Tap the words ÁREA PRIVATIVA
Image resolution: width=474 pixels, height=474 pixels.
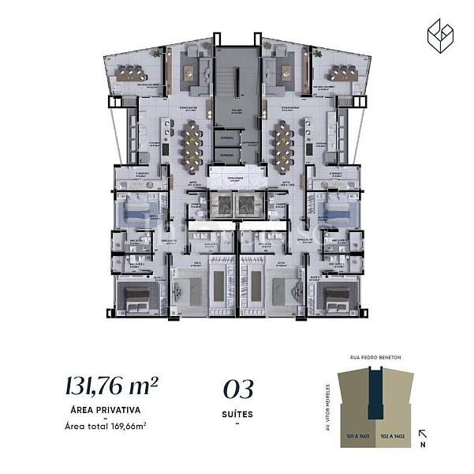[106, 411]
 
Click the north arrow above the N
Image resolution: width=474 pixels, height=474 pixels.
[423, 433]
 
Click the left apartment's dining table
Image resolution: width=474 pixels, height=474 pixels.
[192, 145]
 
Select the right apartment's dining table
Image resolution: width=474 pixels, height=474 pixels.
[282, 145]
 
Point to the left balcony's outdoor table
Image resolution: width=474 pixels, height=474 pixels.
[129, 74]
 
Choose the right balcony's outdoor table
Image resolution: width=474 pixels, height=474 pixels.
[345, 74]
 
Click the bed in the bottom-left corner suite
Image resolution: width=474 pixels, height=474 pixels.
[135, 298]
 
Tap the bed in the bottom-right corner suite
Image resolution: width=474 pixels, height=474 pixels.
[339, 298]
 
